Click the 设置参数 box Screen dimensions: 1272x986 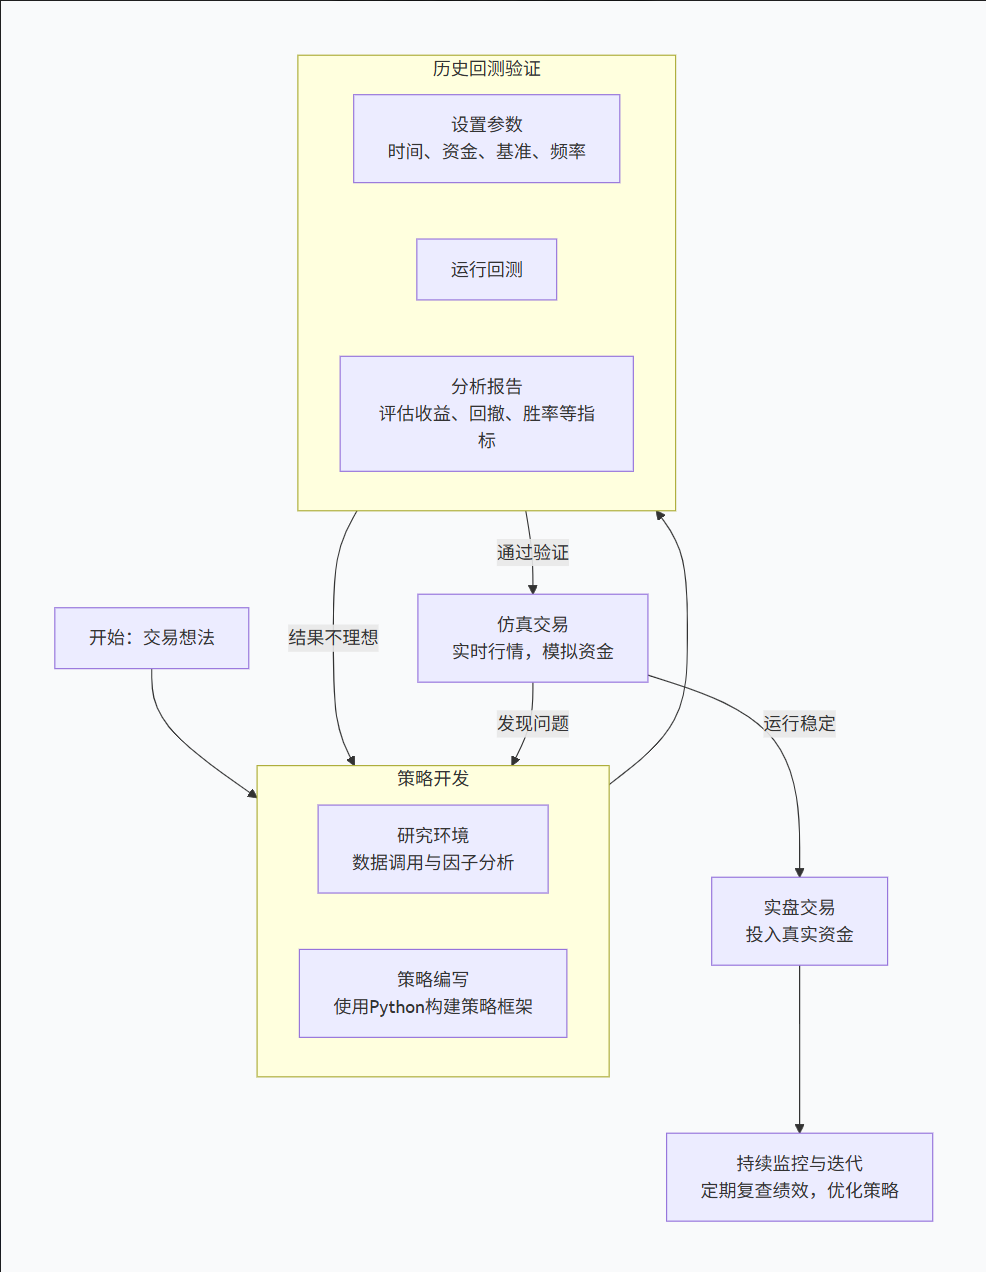[486, 139]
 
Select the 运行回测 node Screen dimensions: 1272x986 [486, 270]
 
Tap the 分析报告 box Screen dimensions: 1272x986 [486, 413]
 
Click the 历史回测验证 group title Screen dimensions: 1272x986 [486, 69]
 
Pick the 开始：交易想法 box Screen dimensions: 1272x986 [151, 638]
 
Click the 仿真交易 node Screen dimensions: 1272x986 [532, 638]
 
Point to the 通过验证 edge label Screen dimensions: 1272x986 [532, 552]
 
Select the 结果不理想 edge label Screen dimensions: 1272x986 [333, 638]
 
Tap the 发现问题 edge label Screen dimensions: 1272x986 [532, 723]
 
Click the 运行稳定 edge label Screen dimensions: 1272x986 [799, 723]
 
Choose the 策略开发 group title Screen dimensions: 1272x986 [432, 778]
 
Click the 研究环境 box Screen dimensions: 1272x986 [432, 849]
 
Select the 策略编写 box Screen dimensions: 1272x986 [432, 993]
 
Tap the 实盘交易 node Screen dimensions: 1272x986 [799, 921]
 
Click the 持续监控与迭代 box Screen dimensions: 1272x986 [799, 1177]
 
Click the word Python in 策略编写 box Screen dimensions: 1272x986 [397, 1007]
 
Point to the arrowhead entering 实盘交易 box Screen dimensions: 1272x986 [799, 872]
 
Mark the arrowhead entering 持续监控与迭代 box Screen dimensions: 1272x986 [799, 1127]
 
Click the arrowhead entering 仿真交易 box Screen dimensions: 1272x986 [532, 589]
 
